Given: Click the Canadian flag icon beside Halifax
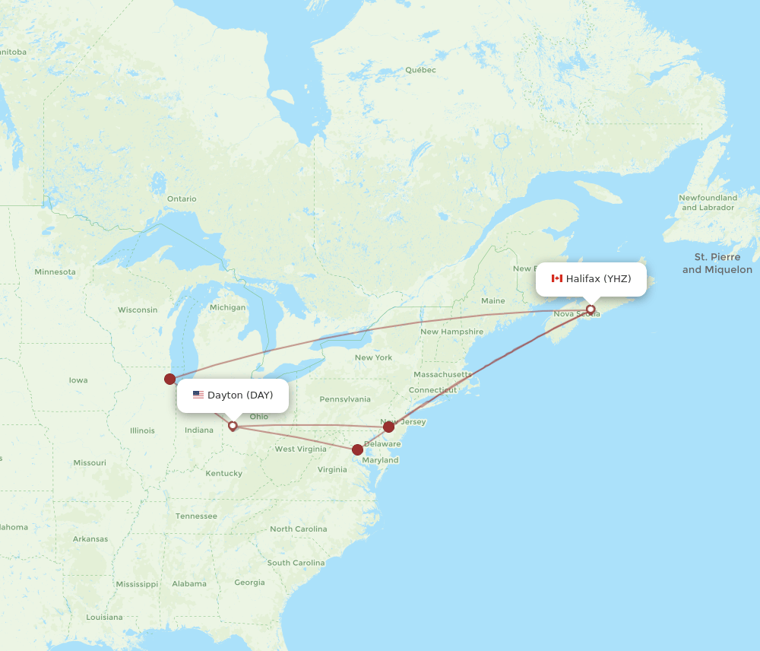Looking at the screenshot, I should (x=556, y=279).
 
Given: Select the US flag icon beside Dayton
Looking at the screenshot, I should (x=198, y=395).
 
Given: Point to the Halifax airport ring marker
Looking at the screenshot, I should (x=591, y=310).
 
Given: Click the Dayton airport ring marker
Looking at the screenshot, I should (x=233, y=426).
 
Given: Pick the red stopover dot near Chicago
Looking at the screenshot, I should (x=169, y=379).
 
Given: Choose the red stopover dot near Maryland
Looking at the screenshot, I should (x=358, y=449).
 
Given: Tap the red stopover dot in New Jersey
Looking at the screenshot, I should (x=388, y=427).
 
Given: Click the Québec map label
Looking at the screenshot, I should (x=420, y=70).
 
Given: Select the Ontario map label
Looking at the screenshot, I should (x=182, y=199).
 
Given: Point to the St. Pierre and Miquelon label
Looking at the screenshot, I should (x=717, y=264).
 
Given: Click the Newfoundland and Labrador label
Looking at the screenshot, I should (x=708, y=203).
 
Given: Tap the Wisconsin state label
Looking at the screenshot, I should (x=138, y=310).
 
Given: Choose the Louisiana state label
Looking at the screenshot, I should (x=104, y=618).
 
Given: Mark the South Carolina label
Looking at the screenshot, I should (x=296, y=563).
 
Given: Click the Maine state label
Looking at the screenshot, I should (x=492, y=301).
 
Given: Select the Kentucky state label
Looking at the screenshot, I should (x=223, y=474).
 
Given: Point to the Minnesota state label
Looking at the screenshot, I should (x=55, y=272).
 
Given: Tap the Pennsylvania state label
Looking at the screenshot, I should (x=345, y=399).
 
